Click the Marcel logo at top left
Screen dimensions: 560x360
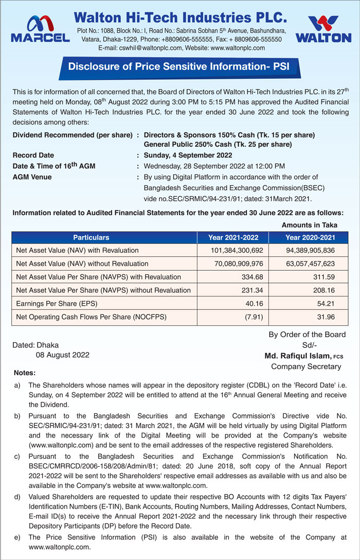point(40,29)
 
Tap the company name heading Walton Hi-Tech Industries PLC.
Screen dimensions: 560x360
point(180,18)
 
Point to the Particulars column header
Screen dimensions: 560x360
point(91,238)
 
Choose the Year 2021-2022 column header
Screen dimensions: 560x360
point(233,238)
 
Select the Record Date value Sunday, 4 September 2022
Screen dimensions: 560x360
point(188,155)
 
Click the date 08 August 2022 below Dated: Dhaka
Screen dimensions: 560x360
point(62,355)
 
